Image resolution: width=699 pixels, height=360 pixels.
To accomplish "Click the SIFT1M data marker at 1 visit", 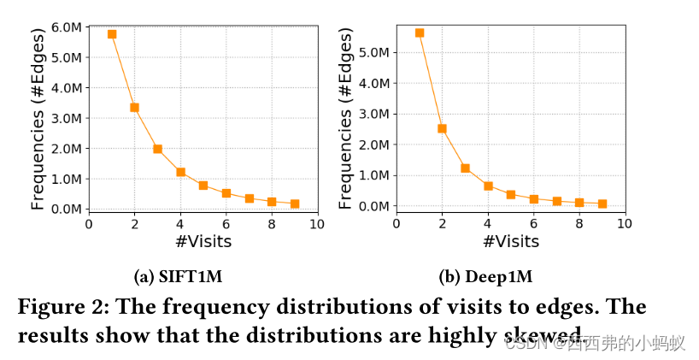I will [112, 34].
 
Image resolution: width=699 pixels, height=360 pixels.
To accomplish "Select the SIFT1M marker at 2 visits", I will [134, 108].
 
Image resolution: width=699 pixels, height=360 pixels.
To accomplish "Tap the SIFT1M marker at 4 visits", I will [180, 172].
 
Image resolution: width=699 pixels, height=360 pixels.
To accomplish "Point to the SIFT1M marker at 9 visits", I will [294, 204].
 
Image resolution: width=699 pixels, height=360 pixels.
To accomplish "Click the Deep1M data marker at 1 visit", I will [419, 32].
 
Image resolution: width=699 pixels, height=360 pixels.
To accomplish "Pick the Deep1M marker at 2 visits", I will [442, 129].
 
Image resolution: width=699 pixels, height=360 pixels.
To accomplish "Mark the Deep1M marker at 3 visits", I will [465, 168].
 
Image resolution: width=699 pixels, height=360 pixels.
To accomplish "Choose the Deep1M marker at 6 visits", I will [533, 199].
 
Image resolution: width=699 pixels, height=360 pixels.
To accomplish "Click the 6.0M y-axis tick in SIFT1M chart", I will [66, 27].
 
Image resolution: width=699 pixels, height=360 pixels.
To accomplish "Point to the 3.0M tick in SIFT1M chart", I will [66, 118].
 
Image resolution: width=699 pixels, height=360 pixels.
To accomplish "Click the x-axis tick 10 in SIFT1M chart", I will [316, 224].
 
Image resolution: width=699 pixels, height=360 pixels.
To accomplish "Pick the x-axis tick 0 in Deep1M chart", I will [396, 224].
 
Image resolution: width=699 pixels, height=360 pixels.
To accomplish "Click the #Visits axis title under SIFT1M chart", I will [203, 242].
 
